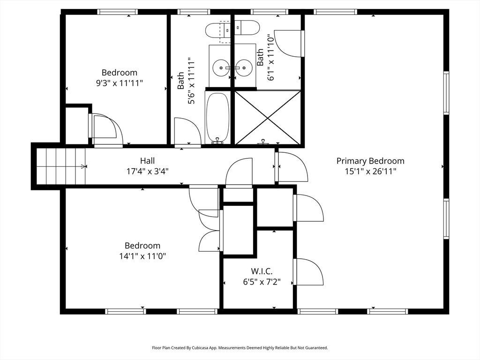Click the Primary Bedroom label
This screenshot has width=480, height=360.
point(370,161)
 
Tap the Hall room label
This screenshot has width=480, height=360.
point(147,161)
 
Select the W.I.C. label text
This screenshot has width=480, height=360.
point(262,271)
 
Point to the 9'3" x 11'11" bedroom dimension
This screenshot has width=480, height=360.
point(120,83)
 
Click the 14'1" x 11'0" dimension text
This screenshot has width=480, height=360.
point(142,256)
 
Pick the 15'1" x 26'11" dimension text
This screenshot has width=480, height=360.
point(370,172)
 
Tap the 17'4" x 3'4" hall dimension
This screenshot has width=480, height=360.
point(147,172)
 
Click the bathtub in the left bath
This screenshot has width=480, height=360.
point(217,118)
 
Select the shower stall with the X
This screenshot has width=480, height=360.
point(268,117)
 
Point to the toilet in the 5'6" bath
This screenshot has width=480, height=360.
point(217,30)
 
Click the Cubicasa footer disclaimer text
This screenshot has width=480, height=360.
point(240,348)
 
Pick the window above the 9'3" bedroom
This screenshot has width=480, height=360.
point(118,12)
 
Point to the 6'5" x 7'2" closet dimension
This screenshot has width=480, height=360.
point(262,282)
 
